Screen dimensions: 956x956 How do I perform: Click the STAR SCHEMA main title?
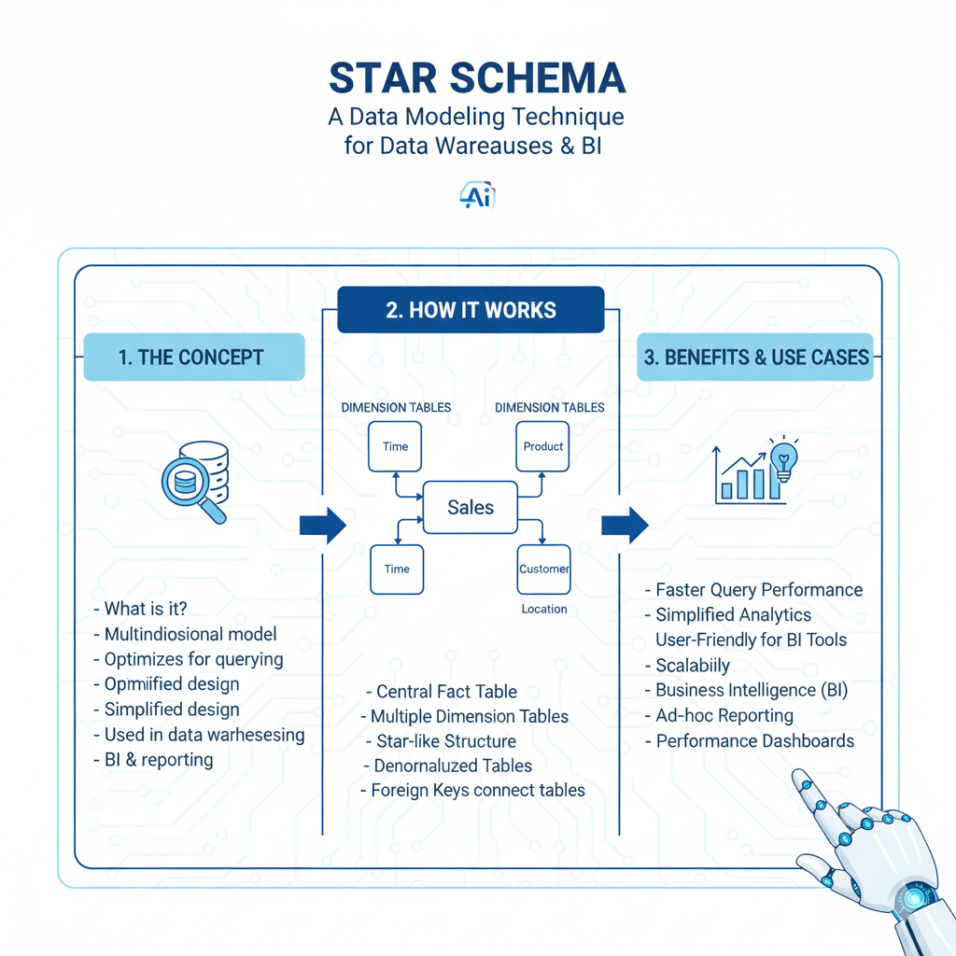pos(477,79)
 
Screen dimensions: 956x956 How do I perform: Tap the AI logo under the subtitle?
pos(477,195)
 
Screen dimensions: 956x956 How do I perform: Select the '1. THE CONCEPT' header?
pos(194,357)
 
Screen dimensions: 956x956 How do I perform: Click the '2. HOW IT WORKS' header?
pos(471,310)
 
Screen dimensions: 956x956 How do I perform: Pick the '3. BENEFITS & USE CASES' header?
pos(754,357)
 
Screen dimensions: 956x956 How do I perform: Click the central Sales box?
pos(471,507)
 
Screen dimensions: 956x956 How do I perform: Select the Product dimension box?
pos(543,446)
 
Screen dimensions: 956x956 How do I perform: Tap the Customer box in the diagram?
pos(543,569)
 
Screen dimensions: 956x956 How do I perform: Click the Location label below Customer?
pos(544,609)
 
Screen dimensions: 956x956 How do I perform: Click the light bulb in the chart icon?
pos(781,459)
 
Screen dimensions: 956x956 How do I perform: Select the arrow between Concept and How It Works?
pos(322,526)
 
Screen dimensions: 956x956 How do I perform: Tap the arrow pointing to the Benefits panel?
pos(625,525)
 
